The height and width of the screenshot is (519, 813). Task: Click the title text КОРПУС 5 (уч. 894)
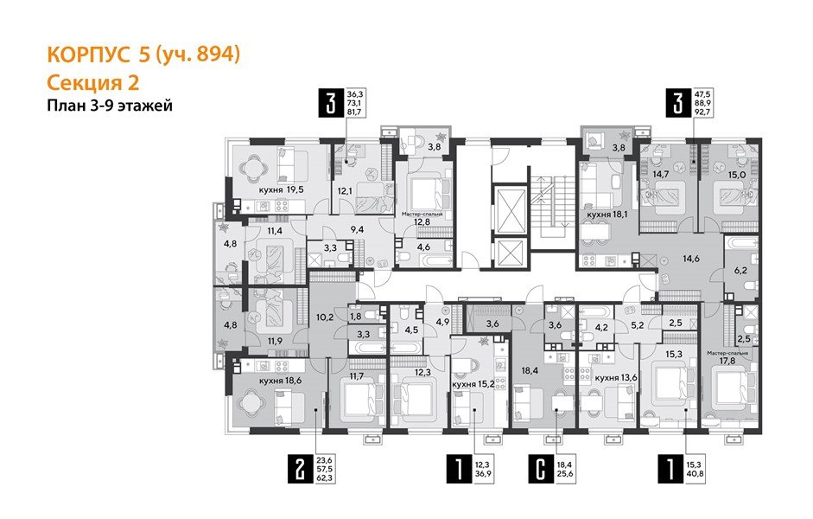[x=142, y=54]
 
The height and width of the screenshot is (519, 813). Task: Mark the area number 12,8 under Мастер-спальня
[x=421, y=221]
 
